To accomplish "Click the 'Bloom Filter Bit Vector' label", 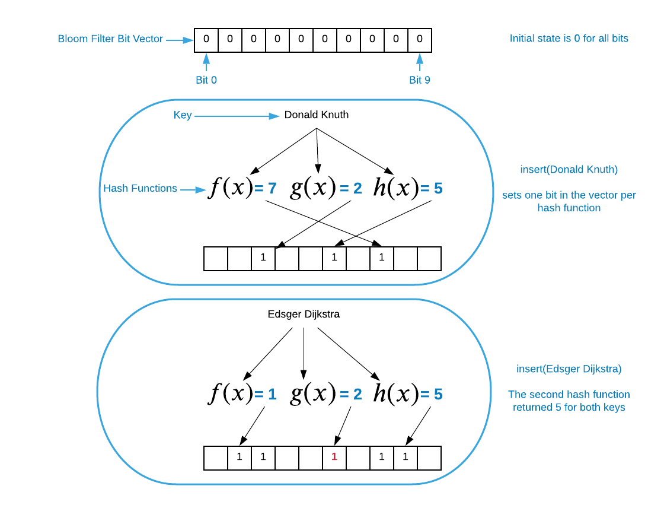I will coord(110,39).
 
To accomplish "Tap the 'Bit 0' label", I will coord(206,80).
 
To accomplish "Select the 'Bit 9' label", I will coord(420,80).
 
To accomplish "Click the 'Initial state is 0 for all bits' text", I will coord(569,39).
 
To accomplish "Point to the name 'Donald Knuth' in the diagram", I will coord(317,115).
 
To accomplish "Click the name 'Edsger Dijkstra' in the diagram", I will coord(304,315).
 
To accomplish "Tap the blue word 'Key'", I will coord(183,115).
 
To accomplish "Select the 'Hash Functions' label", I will coord(140,188).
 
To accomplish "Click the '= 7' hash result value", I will coord(266,189).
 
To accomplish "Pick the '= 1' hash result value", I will coord(266,394).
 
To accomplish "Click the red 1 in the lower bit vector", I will coord(334,457).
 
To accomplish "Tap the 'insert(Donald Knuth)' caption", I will coord(569,170).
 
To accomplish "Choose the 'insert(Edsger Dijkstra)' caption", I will coord(569,369).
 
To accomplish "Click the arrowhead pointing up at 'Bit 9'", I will coord(420,58).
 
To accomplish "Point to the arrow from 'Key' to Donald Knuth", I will coord(237,116).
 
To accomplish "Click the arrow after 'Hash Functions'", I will coord(193,190).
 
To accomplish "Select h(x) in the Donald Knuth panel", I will coord(395,188).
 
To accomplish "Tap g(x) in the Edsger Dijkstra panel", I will coord(312,394).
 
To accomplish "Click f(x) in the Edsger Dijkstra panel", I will coord(230,394).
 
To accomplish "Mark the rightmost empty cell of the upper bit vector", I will coord(429,259).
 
